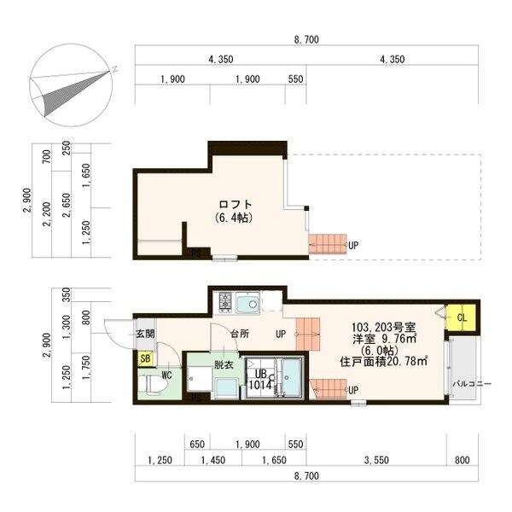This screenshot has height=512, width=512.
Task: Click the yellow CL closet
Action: [461, 317]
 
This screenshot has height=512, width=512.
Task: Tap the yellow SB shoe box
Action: [145, 358]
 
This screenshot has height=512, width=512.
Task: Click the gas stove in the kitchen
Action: [225, 302]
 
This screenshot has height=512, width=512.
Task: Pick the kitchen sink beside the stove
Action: [247, 303]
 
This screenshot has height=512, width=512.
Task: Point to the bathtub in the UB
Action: [291, 378]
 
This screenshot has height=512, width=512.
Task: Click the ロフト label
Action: [236, 205]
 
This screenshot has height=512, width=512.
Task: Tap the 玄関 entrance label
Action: [145, 334]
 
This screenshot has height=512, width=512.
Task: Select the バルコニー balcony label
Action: [472, 384]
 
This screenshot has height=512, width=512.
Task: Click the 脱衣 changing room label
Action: [224, 364]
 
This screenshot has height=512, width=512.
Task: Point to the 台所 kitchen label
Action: [240, 334]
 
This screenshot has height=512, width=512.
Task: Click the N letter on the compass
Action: [114, 69]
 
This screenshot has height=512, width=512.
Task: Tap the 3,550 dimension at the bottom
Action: [376, 460]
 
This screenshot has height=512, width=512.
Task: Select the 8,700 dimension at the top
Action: [306, 39]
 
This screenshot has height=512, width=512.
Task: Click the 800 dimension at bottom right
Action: [462, 460]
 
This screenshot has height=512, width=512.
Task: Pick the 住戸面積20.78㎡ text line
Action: [384, 362]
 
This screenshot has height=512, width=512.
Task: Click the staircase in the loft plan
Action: [328, 244]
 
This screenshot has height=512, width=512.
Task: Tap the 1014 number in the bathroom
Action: [260, 385]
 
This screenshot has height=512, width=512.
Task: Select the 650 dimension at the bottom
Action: [197, 444]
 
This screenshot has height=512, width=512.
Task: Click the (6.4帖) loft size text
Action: [234, 218]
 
